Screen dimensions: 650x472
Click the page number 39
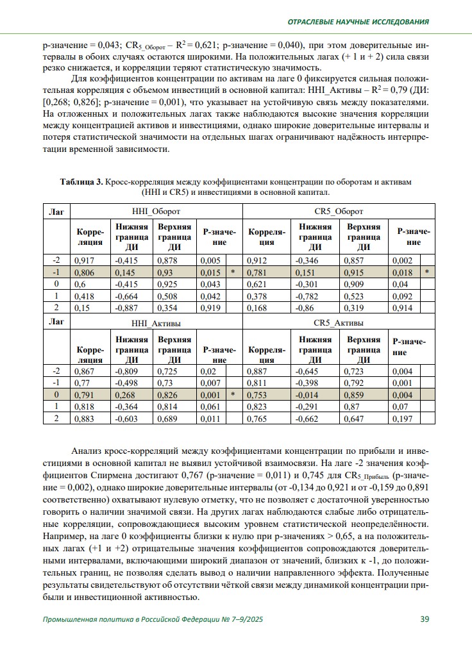tap(425, 619)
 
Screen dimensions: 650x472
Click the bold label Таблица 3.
tap(81, 182)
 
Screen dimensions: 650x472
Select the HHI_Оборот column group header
tap(156, 211)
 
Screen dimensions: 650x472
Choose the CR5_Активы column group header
tap(339, 322)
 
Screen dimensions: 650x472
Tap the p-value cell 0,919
tap(210, 308)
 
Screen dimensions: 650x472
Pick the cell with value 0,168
tap(257, 308)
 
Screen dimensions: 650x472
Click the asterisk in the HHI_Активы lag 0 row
tap(233, 395)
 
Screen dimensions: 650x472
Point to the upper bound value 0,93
tap(165, 272)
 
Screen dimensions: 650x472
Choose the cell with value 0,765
tap(257, 419)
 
